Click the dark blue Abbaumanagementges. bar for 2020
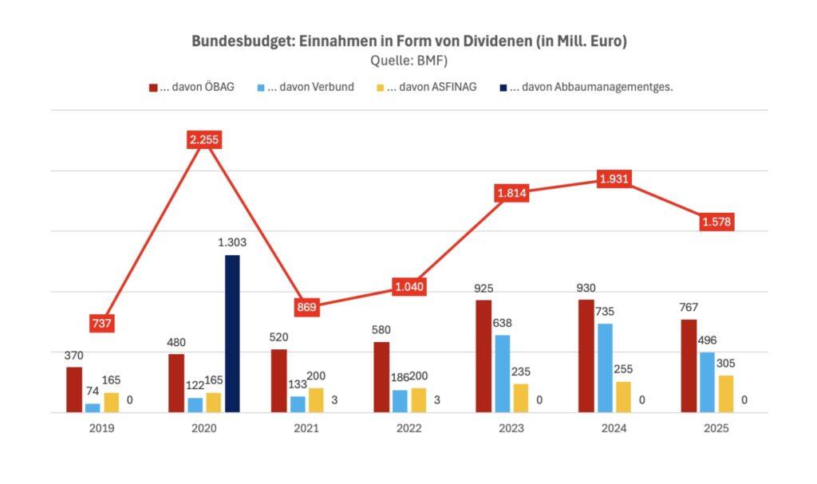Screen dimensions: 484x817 pos(232,333)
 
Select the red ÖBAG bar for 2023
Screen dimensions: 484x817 pos(483,356)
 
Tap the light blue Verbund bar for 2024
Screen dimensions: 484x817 pos(605,368)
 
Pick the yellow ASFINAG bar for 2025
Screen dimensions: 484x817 pos(725,394)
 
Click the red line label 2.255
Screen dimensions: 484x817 pos(203,140)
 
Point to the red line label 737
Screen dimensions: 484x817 pos(101,323)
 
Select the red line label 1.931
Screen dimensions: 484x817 pos(614,179)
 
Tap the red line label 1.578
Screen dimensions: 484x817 pos(716,222)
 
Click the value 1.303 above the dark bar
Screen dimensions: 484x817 pos(232,242)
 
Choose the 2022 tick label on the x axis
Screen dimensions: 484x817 pos(408,428)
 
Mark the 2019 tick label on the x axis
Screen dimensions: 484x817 pos(101,428)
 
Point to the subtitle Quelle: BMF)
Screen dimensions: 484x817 pos(408,60)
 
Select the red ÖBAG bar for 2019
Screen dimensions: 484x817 pos(74,389)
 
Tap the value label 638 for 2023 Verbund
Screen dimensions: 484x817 pos(503,323)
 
